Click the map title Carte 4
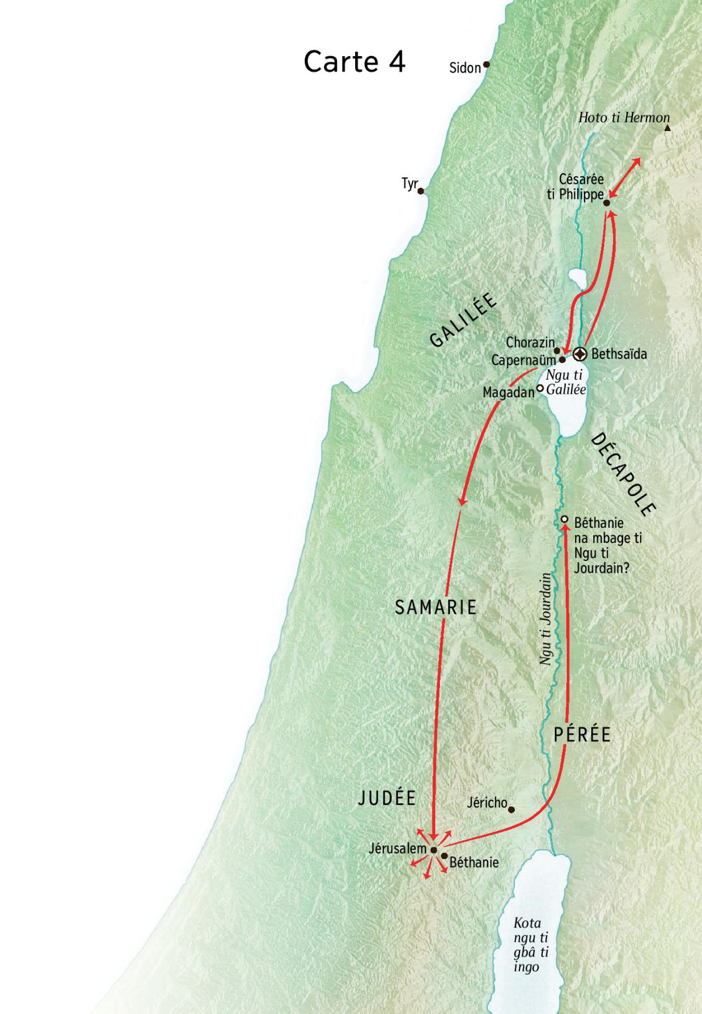tap(355, 61)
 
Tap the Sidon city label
tap(464, 68)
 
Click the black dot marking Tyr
tap(421, 191)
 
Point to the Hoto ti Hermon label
tap(624, 118)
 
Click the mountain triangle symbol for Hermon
tap(667, 128)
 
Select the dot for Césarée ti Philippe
tap(607, 203)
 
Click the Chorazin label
tap(530, 342)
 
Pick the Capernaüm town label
tap(524, 360)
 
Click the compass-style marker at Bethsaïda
tap(580, 354)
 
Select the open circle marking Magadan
tap(541, 387)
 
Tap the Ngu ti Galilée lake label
tap(565, 383)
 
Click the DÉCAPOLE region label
tap(622, 474)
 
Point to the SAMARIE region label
tap(436, 607)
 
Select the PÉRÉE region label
tap(582, 734)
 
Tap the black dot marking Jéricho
tap(511, 810)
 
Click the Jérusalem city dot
tap(433, 850)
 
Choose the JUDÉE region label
tap(387, 798)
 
